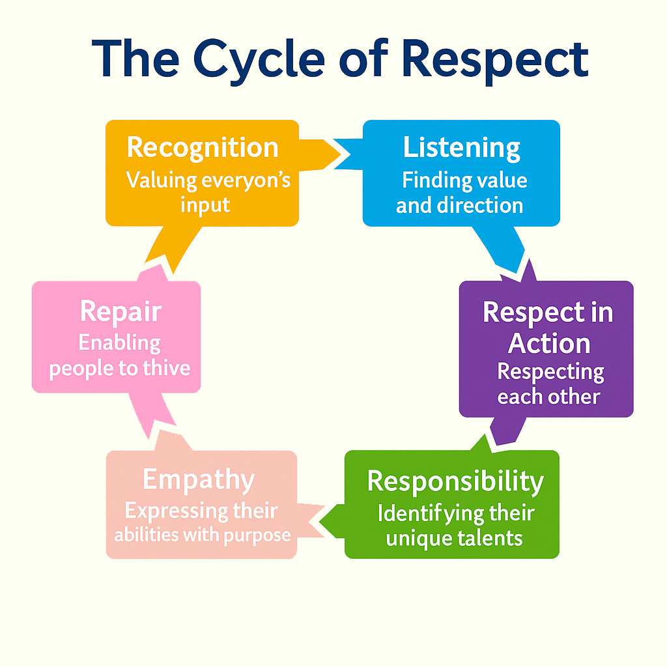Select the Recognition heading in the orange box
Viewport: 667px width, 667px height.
(x=202, y=147)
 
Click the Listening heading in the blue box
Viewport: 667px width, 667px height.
(x=461, y=147)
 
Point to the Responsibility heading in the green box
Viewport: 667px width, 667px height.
(x=455, y=481)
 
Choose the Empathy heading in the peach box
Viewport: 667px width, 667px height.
(x=199, y=480)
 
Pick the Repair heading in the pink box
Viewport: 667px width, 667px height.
(x=121, y=311)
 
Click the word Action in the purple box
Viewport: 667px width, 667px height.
(x=549, y=343)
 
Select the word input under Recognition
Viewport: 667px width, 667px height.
(x=205, y=205)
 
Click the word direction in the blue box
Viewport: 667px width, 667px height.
(x=485, y=206)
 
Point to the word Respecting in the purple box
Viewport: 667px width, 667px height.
(x=550, y=372)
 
